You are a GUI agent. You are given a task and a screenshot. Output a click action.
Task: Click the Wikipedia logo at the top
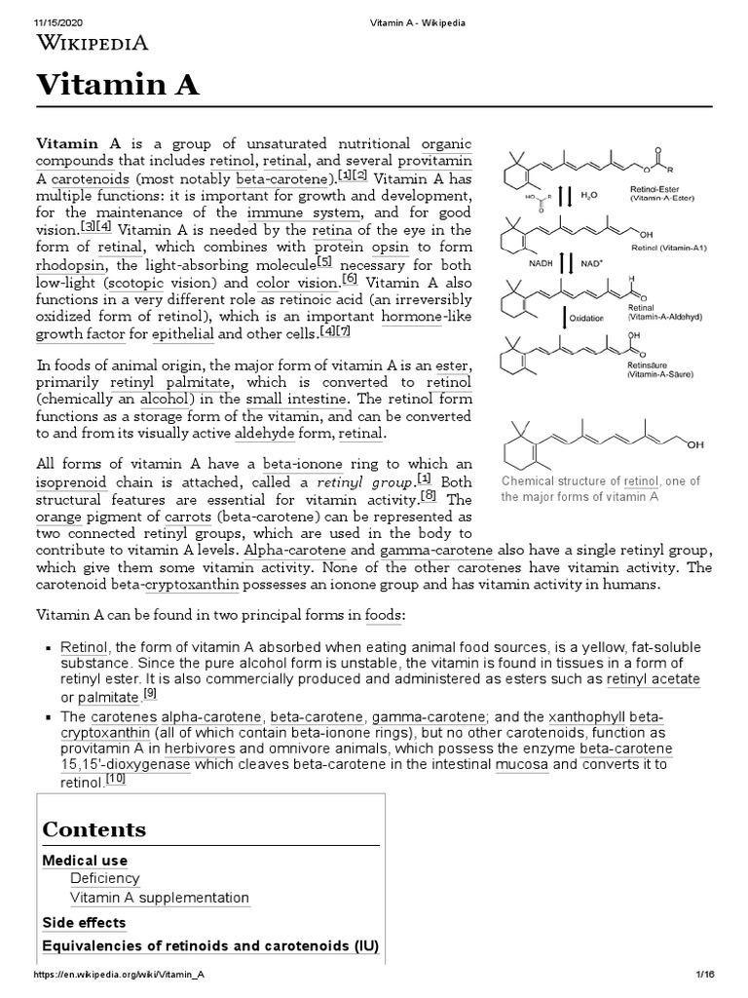93,42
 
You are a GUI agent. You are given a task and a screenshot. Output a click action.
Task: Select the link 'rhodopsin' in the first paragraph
72,265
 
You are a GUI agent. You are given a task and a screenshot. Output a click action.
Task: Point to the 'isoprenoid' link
71,482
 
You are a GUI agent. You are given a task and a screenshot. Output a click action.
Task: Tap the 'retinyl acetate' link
653,679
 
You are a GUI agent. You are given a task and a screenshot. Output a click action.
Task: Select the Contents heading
93,829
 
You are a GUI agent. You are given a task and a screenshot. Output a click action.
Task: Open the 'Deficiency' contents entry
104,879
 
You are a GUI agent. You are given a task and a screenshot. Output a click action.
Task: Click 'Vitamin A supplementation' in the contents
160,898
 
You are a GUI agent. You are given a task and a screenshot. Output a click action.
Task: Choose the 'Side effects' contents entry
84,922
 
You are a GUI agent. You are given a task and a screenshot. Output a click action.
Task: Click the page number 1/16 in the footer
706,975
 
